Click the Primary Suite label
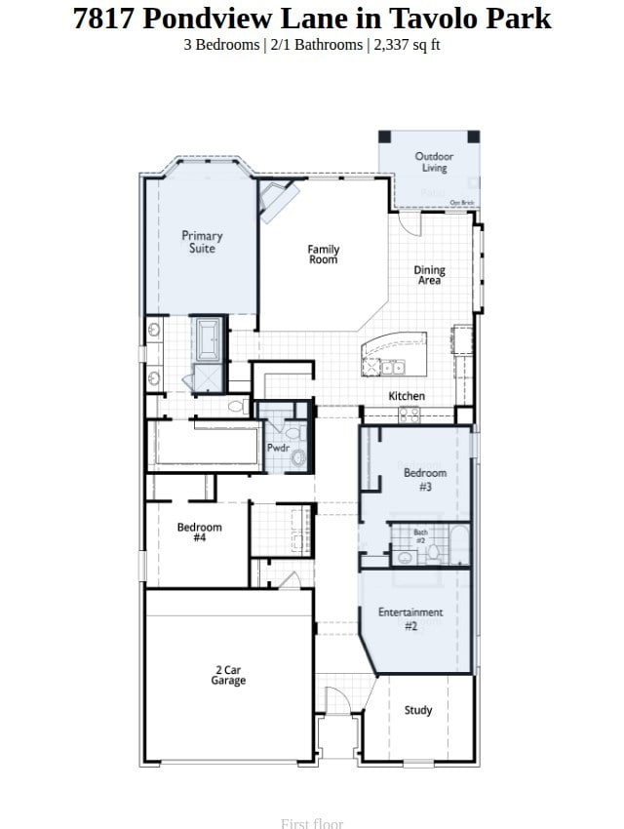point(202,242)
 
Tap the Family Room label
point(324,255)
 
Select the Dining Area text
point(429,275)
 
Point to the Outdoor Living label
point(434,162)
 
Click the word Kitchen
point(407,396)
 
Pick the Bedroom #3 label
point(425,479)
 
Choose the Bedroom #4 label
point(199,533)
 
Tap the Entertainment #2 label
point(410,619)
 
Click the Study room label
point(418,710)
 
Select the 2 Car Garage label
point(228,675)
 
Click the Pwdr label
point(278,448)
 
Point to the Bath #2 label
point(420,535)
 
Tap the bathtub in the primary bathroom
point(209,338)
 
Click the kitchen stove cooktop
point(409,414)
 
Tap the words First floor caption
point(312,823)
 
